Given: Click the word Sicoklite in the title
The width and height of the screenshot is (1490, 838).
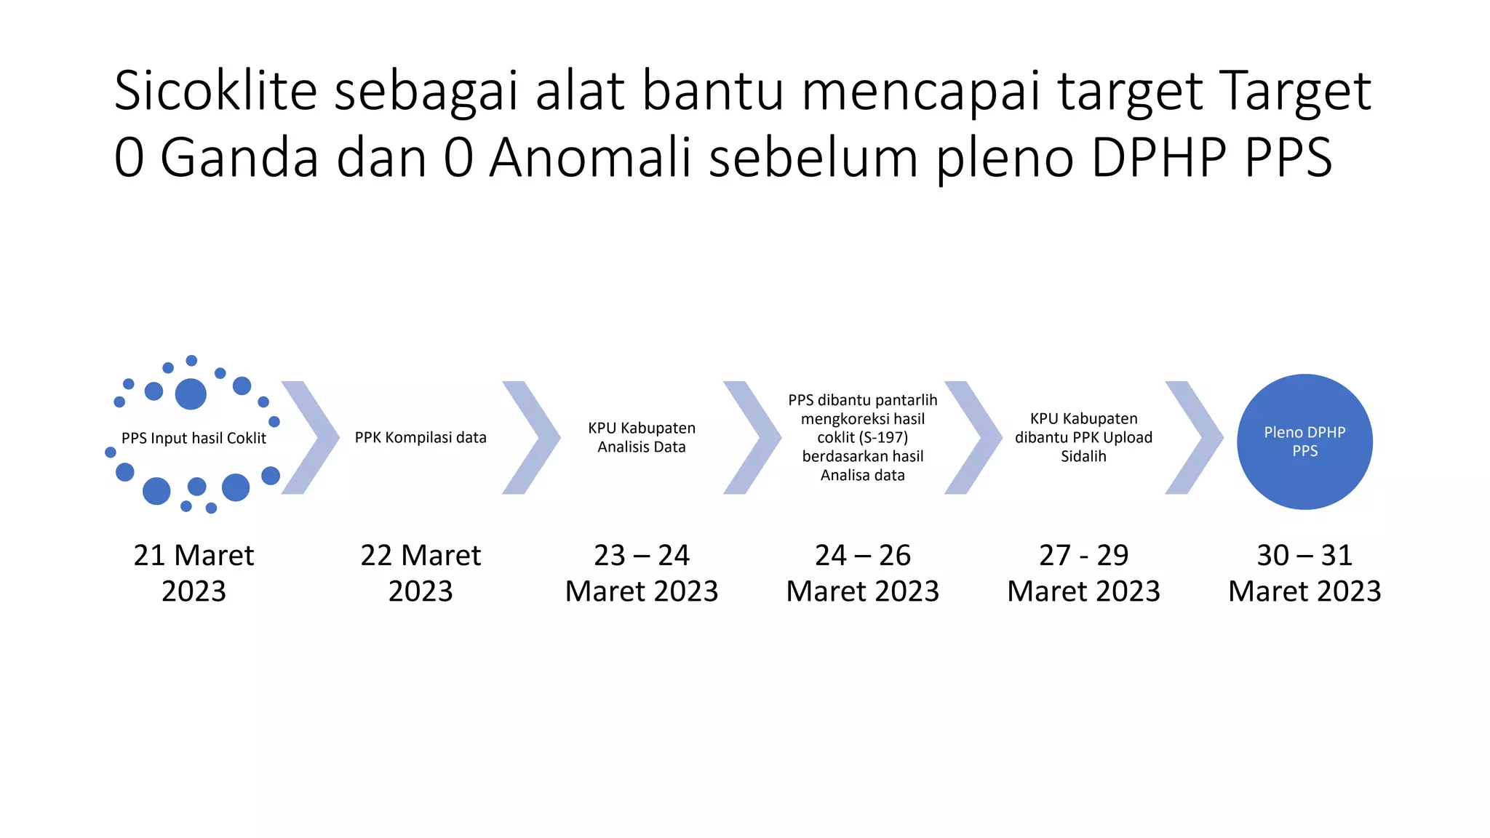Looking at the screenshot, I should pos(216,91).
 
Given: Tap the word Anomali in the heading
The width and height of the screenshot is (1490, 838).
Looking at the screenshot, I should pos(590,157).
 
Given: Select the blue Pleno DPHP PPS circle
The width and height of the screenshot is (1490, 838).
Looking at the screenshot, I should pos(1304,442).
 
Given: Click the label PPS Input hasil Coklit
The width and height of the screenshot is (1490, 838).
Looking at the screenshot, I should pos(194,438).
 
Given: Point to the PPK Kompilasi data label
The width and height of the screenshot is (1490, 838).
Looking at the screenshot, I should pos(421,437).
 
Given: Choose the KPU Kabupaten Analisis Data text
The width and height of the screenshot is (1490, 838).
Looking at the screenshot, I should pos(642,437).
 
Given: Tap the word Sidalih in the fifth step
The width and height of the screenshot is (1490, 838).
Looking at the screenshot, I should pos(1083,456).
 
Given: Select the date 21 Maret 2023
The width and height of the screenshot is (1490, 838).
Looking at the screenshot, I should pos(194,572).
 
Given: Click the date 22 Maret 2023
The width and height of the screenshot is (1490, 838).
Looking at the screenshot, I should pos(421,572).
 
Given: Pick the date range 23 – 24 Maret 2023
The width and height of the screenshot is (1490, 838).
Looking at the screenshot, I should pos(642,572).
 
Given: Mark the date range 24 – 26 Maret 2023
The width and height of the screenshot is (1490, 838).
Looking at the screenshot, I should pos(863,572).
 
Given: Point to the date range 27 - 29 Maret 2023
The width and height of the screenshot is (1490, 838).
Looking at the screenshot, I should pos(1083,572).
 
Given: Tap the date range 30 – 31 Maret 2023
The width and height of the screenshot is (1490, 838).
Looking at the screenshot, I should pos(1304,572).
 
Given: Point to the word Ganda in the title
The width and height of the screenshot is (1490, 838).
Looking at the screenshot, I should pos(239,157).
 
